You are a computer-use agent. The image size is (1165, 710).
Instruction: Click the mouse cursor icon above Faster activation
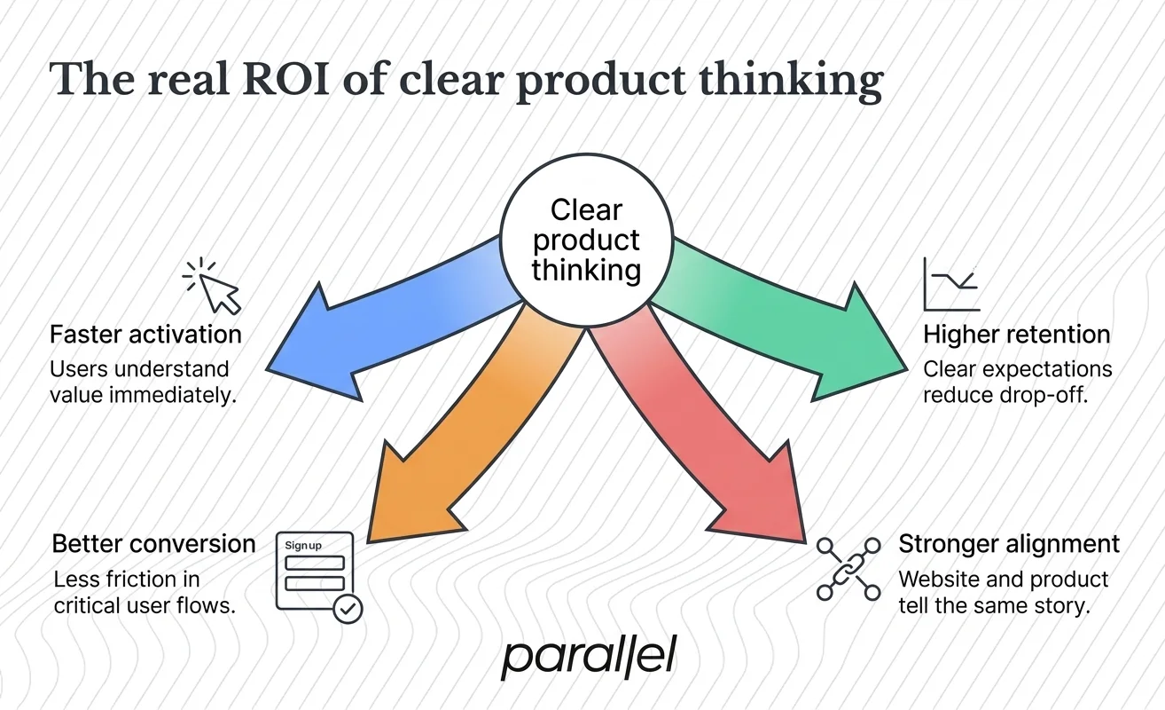215,286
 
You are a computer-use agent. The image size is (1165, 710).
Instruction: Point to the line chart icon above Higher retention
951,285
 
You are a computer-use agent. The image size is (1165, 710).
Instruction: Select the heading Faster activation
145,335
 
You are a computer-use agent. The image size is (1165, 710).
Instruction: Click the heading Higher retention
1016,335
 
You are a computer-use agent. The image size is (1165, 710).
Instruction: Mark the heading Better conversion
153,543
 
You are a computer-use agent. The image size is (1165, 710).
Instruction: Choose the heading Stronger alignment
1009,543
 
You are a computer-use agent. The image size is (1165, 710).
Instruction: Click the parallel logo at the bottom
589,658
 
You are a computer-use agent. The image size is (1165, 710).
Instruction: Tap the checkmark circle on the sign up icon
348,609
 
